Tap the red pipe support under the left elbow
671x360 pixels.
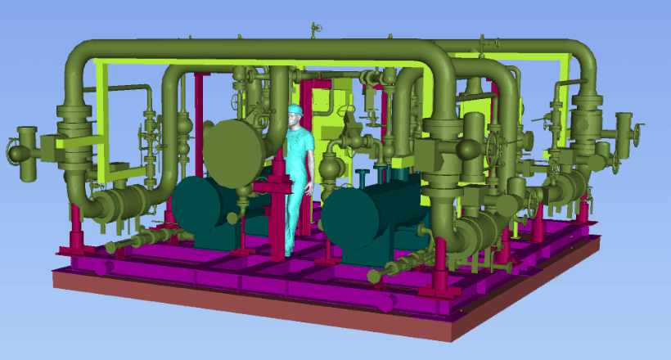click(x=75, y=229)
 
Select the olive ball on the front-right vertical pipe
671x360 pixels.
click(x=468, y=148)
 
